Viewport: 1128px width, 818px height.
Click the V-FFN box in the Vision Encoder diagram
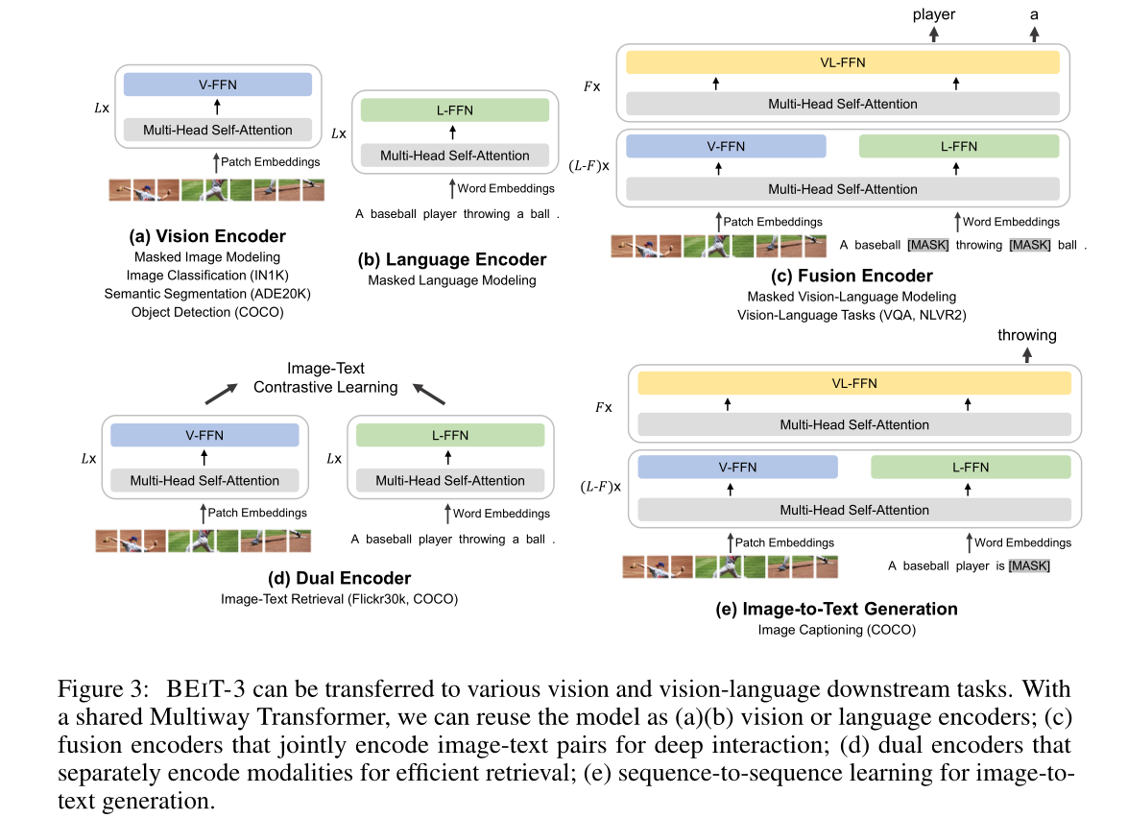pyautogui.click(x=218, y=84)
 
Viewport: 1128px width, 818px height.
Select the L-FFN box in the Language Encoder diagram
pyautogui.click(x=455, y=110)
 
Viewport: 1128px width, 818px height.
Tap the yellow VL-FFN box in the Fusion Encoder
pyautogui.click(x=843, y=62)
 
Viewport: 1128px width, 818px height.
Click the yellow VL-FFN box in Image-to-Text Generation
pyautogui.click(x=853, y=383)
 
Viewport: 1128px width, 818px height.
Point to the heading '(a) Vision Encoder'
pyautogui.click(x=207, y=236)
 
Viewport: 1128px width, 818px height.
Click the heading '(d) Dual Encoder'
pyautogui.click(x=339, y=578)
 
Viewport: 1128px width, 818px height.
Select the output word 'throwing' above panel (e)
pyautogui.click(x=1026, y=335)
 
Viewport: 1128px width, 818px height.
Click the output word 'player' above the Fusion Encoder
pyautogui.click(x=934, y=14)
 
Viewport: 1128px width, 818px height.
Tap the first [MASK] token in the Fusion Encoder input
pyautogui.click(x=928, y=245)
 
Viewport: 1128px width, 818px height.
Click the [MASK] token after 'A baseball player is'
pyautogui.click(x=1029, y=565)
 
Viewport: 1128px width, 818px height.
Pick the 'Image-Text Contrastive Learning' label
pyautogui.click(x=325, y=377)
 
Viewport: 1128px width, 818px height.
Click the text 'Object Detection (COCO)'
pyautogui.click(x=207, y=312)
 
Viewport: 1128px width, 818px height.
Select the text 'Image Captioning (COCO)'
pyautogui.click(x=837, y=630)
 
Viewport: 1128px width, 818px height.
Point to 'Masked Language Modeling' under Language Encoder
pyautogui.click(x=452, y=279)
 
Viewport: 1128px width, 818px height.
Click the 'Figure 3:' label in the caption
pyautogui.click(x=104, y=689)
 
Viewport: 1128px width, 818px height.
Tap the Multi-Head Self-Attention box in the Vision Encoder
pyautogui.click(x=218, y=130)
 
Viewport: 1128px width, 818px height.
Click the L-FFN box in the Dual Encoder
pyautogui.click(x=450, y=435)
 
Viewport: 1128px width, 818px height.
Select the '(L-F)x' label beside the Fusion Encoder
pyautogui.click(x=589, y=165)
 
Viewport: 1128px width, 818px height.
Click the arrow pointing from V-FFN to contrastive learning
pyautogui.click(x=221, y=394)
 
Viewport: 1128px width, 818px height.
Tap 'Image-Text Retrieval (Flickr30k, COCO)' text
pyautogui.click(x=339, y=598)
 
